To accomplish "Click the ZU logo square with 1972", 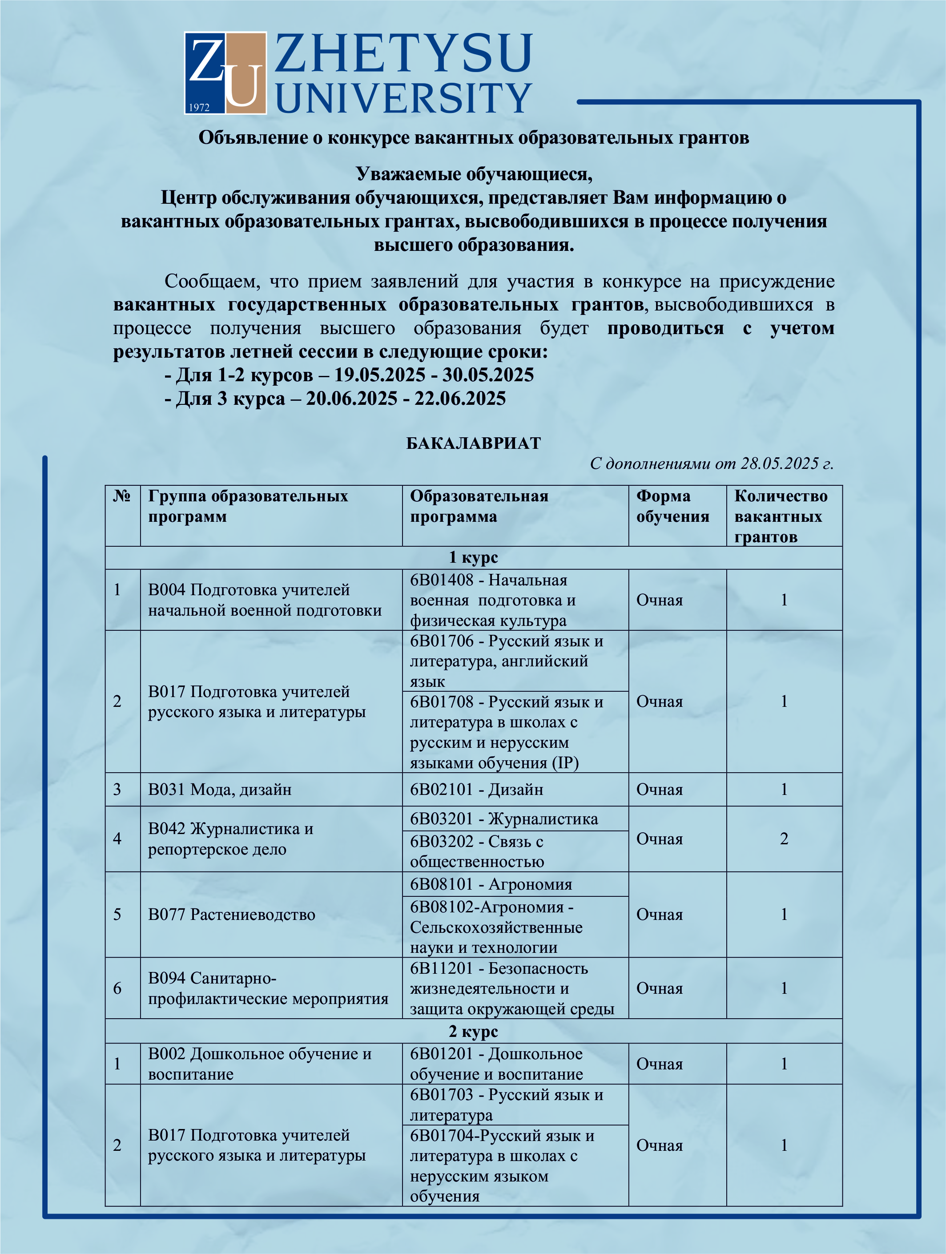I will coord(225,73).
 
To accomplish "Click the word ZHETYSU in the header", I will coord(403,54).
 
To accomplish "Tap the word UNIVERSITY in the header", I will coord(403,97).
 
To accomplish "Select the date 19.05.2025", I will coord(379,375).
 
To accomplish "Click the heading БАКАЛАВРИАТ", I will coord(473,444).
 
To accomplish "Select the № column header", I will coord(122,496).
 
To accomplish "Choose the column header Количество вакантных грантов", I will coord(781,516).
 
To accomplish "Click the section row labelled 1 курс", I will coord(473,558).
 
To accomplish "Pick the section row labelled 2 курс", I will coord(473,1031).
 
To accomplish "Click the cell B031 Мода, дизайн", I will coord(220,790).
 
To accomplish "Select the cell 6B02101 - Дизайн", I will coord(476,790).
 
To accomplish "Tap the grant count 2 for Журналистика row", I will coord(784,839).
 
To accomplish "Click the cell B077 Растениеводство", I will coord(231,915).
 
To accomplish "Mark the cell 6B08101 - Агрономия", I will coord(491,884).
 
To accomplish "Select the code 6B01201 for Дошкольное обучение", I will coord(441,1054).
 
